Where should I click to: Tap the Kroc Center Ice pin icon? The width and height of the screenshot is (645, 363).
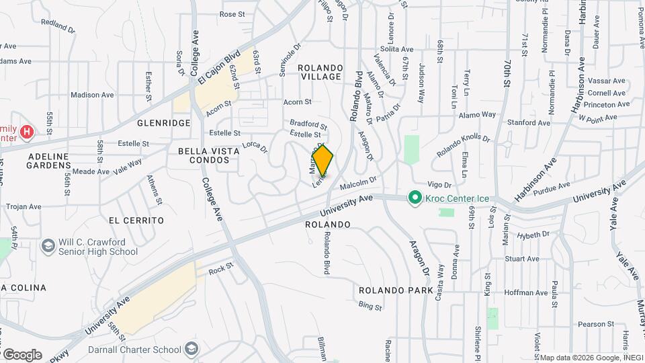click(415, 198)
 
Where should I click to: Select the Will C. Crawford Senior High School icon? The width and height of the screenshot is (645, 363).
click(48, 247)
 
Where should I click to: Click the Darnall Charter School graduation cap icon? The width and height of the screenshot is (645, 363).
click(192, 350)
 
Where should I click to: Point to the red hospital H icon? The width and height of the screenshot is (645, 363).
click(27, 131)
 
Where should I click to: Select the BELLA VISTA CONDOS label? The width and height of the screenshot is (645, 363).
click(208, 156)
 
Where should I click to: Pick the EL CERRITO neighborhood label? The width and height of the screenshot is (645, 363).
click(136, 220)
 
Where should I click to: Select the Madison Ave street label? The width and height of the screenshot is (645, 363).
click(93, 95)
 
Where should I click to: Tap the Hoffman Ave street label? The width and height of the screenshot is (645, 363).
click(525, 292)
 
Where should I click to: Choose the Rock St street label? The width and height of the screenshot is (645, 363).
click(220, 270)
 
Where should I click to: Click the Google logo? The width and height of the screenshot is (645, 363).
click(21, 355)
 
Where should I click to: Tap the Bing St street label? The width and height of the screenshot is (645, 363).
click(370, 306)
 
